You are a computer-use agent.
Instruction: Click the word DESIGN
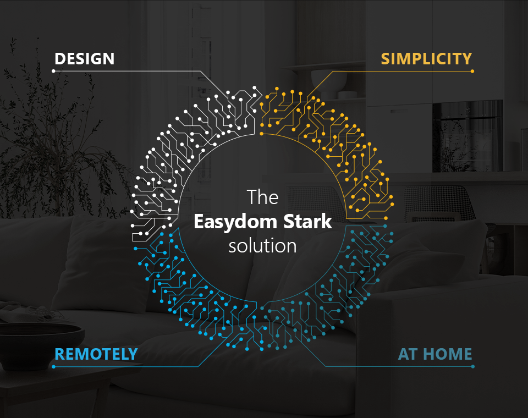85,59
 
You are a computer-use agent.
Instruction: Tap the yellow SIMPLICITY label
426,59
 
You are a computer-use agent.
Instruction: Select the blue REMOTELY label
96,354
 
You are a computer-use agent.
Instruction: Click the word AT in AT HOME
409,354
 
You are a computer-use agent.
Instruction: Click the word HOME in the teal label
448,354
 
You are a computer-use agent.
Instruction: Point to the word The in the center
263,197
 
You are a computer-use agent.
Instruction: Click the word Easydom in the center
235,222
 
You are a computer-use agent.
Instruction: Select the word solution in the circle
263,246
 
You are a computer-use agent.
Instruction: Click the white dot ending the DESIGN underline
53,71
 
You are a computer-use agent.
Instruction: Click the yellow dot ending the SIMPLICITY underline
472,71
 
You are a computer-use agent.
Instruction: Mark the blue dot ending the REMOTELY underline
53,366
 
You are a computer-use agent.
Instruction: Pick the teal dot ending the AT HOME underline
473,366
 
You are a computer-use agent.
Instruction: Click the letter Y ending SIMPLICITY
466,59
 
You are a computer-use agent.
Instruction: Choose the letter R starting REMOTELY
60,354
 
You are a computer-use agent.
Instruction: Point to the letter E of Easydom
199,222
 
